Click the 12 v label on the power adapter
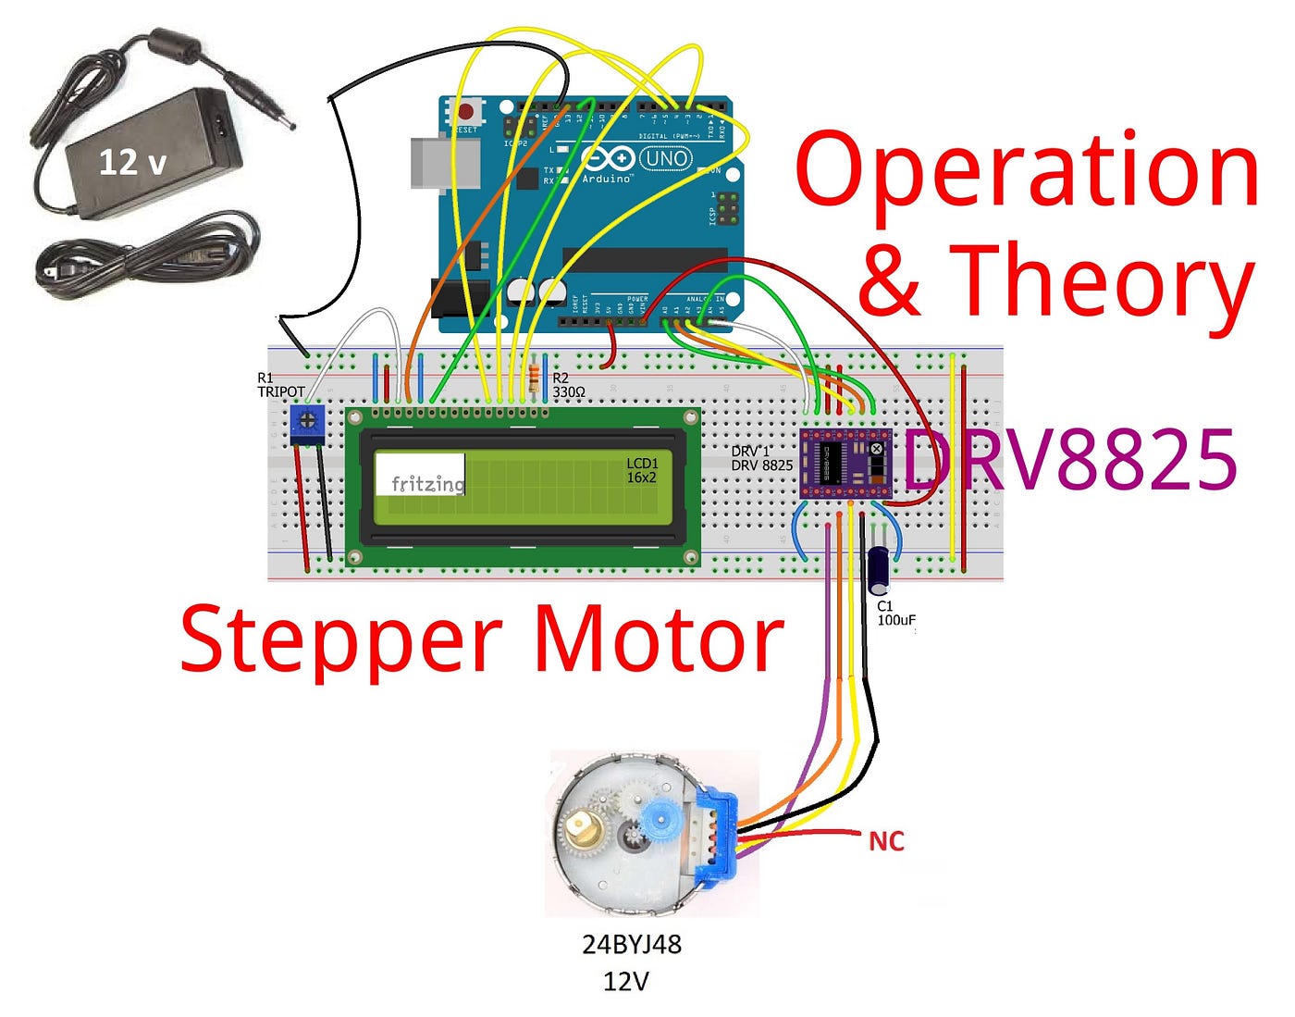[x=132, y=163]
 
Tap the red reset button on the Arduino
[x=465, y=112]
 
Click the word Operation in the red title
[x=1026, y=171]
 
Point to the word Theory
[x=1101, y=279]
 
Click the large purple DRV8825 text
[x=1069, y=460]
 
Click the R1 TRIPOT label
[x=279, y=385]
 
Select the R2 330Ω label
[x=568, y=386]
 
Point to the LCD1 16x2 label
[x=642, y=470]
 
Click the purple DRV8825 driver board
[x=845, y=463]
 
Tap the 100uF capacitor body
[x=879, y=569]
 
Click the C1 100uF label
[x=895, y=614]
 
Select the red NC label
[x=886, y=841]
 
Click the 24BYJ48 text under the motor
[x=632, y=945]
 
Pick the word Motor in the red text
[x=660, y=640]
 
